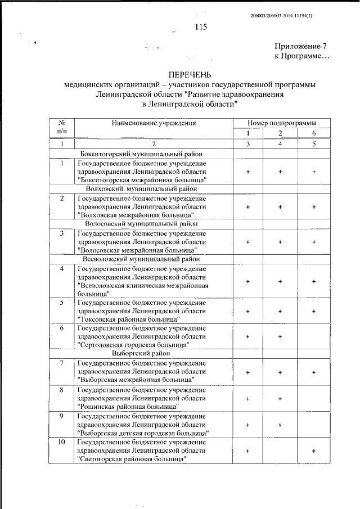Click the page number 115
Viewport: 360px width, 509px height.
coord(201,26)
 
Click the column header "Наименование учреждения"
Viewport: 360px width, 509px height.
coord(153,123)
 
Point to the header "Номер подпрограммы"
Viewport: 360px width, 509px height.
coord(281,123)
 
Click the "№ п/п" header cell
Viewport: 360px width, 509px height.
coord(62,127)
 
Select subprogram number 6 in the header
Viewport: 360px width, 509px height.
coord(314,133)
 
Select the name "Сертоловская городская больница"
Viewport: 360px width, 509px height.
coord(133,344)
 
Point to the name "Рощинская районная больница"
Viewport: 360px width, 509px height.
coord(128,406)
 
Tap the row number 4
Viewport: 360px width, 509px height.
coord(62,268)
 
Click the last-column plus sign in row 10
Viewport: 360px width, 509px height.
coord(314,451)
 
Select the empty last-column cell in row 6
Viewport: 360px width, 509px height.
coord(314,336)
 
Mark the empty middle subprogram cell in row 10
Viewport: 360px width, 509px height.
coord(280,451)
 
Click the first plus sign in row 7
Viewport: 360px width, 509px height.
coord(247,372)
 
